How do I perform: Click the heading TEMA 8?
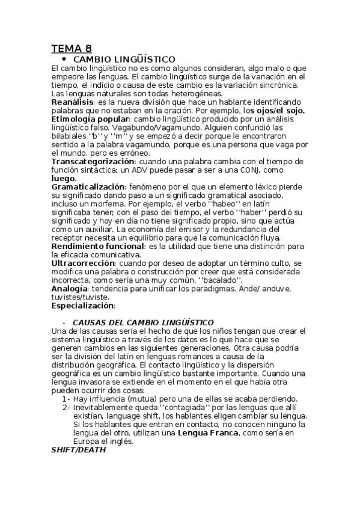coord(71,49)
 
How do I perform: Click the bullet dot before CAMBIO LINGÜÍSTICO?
coord(63,60)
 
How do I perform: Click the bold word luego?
coord(63,179)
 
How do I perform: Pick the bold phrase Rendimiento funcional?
coord(97,247)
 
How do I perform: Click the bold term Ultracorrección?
coord(83,263)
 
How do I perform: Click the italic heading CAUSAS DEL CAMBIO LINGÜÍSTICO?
coord(143,323)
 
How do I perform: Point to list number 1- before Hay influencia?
coord(66,399)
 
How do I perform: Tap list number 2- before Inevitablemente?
coord(66,408)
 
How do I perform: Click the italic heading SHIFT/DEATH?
coord(78,450)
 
